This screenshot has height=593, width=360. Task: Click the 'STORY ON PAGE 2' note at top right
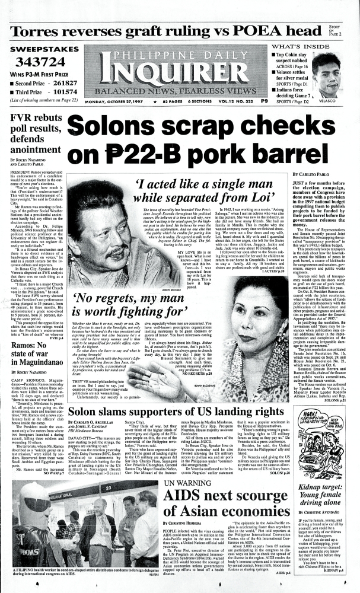[349, 31]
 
